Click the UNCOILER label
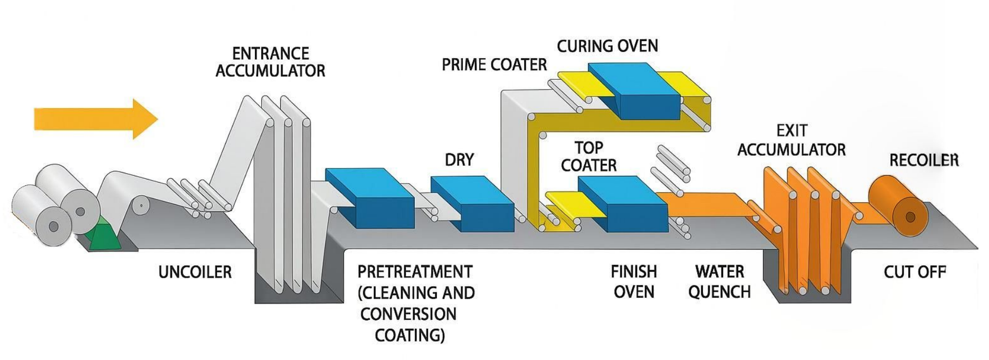[x=195, y=272]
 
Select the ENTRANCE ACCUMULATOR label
[x=270, y=62]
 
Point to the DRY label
[x=459, y=159]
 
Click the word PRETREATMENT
[x=415, y=272]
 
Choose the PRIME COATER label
[x=494, y=65]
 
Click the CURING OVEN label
[x=607, y=46]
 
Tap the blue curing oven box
[x=633, y=91]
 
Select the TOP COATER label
[x=588, y=156]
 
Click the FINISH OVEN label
[x=634, y=282]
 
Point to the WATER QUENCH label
[x=719, y=282]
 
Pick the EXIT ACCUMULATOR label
[x=791, y=140]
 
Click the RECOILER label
[x=924, y=160]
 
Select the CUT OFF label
[x=915, y=272]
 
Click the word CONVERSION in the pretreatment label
[x=408, y=314]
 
